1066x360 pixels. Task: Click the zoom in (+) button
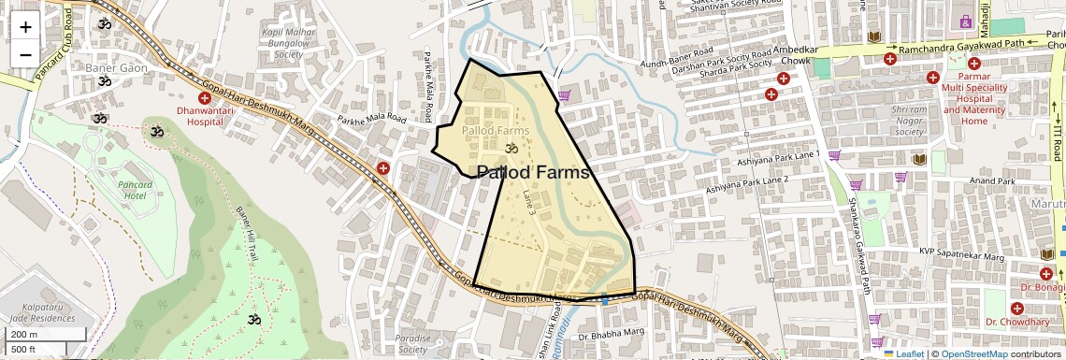coord(25,26)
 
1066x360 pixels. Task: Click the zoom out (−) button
coord(25,54)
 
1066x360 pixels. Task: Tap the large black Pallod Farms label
coord(533,173)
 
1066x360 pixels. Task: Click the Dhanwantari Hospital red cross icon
coord(205,98)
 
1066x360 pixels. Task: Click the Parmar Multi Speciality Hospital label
coord(973,99)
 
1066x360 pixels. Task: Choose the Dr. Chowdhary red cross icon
coord(1016,308)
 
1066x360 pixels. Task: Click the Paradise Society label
coord(411,343)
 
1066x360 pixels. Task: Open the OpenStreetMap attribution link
coord(973,354)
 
